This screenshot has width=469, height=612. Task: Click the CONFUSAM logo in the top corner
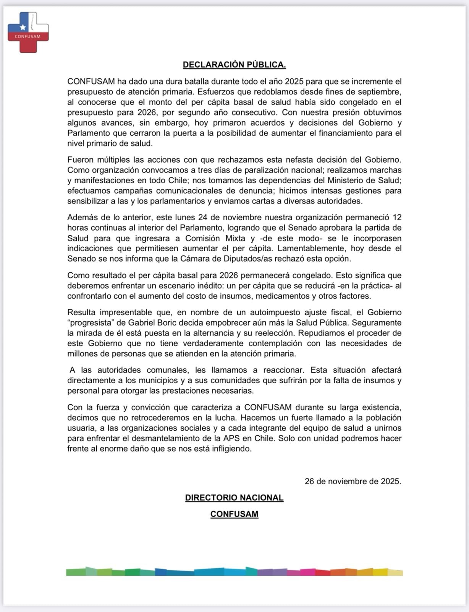coord(28,32)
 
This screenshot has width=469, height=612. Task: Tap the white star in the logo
coord(23,27)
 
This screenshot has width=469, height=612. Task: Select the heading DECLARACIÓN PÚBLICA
coord(234,65)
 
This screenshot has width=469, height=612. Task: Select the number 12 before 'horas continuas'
coord(397,217)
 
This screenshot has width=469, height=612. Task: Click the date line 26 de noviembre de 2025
coord(353,481)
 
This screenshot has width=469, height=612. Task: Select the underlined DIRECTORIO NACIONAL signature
coord(234,498)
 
